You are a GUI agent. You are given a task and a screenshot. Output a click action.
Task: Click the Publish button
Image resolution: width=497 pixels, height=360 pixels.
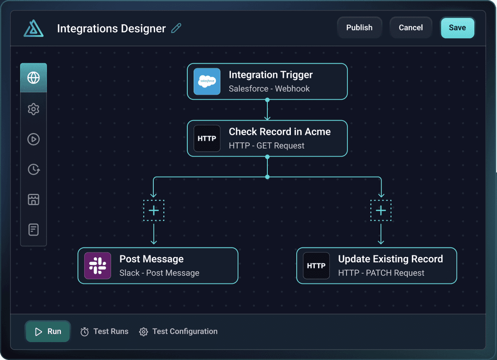359,28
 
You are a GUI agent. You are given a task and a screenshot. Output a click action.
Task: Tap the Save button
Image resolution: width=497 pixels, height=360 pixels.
457,28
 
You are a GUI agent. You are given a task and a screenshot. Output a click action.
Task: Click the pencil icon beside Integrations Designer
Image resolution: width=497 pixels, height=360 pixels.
176,28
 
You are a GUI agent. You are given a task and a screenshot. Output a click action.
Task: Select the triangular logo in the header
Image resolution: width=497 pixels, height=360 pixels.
33,28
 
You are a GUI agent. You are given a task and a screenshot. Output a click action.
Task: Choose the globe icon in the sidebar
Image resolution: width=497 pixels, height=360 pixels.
33,78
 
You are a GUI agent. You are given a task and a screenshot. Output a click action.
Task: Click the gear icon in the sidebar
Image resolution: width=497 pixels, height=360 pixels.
33,109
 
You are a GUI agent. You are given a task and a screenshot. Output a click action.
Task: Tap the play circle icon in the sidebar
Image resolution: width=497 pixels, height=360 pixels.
33,139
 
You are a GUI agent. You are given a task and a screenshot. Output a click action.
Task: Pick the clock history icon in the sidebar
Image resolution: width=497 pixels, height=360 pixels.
33,169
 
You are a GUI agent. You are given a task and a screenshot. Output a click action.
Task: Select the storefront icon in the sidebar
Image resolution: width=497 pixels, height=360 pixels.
33,200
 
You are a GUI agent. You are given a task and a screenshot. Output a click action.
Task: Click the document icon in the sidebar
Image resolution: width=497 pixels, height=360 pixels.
33,229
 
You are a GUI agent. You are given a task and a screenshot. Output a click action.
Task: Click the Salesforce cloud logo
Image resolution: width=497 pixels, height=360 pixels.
207,81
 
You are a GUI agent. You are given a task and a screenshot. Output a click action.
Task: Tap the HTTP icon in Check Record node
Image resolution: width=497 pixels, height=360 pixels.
207,138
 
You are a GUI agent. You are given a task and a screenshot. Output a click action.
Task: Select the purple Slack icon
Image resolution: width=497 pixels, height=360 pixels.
98,266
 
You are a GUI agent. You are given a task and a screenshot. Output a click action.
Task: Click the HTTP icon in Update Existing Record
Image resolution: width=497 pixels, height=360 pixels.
316,266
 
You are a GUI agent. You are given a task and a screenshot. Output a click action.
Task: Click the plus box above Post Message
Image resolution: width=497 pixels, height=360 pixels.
154,211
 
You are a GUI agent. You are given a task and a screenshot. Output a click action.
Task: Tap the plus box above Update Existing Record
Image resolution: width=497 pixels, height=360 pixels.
381,211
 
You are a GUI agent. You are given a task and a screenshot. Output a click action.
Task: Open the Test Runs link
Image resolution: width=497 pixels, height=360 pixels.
104,331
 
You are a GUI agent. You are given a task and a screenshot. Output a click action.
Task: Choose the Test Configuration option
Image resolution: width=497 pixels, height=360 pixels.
179,331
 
